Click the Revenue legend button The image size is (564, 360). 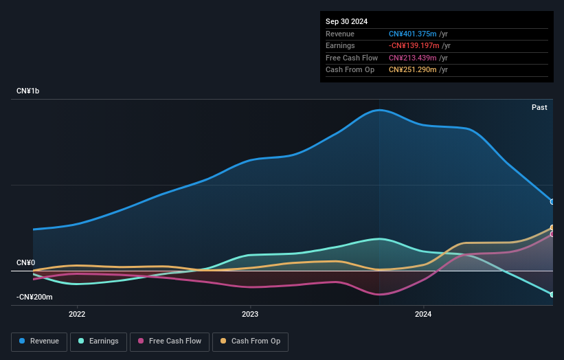coord(39,341)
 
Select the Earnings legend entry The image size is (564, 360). coord(98,341)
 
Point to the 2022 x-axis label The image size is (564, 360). coord(77,314)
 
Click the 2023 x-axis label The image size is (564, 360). coord(250,314)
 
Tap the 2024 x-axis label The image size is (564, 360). coord(423,314)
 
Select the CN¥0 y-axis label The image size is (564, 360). coord(25,263)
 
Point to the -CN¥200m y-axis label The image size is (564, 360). coord(34,297)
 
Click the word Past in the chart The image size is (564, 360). coord(539,107)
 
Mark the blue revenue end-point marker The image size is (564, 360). coord(552,202)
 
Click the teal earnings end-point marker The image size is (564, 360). coord(552,295)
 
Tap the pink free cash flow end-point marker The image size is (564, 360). coord(552,234)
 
